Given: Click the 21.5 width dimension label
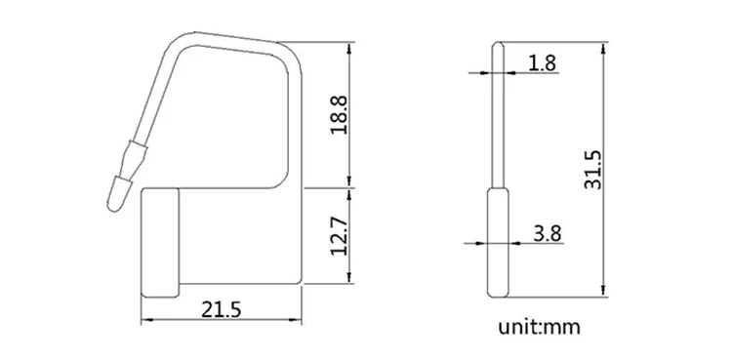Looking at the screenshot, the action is [221, 309].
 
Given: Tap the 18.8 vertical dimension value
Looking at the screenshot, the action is [340, 115].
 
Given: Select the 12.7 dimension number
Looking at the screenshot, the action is [340, 236].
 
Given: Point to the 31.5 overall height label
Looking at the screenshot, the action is [593, 170].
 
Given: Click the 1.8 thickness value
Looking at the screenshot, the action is [542, 63].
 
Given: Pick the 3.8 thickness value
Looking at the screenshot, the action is [548, 233].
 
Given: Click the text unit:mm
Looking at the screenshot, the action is [539, 327].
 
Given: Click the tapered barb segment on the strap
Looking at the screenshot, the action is [131, 159].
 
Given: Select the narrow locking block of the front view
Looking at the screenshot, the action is [160, 242].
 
